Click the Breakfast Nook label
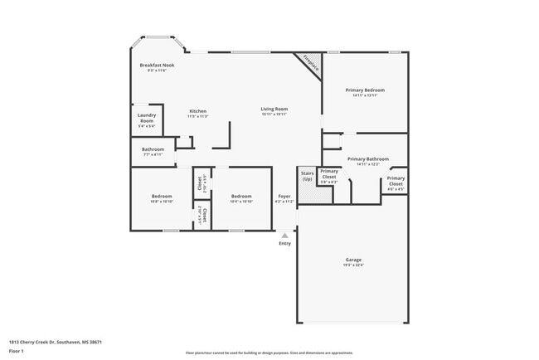(x=157, y=65)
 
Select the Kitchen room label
(x=197, y=111)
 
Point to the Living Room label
(x=274, y=109)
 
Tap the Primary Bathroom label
(x=367, y=158)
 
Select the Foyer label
(x=284, y=196)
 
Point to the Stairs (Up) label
(x=307, y=176)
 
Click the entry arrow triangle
(x=284, y=236)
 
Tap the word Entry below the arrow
(x=284, y=243)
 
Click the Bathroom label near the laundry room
(x=153, y=148)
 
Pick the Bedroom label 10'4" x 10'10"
(x=240, y=196)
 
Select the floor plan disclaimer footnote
(x=269, y=353)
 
